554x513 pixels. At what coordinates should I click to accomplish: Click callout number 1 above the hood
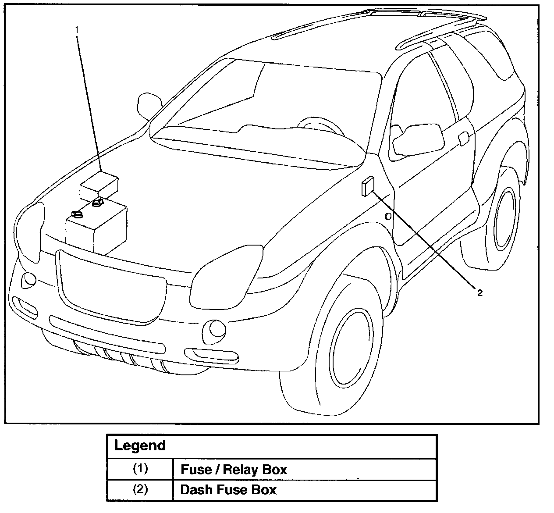tap(77, 30)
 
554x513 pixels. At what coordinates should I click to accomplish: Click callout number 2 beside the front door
tap(479, 293)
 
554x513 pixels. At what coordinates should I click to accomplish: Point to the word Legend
tap(140, 446)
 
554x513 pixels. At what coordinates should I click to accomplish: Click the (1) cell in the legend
tap(140, 469)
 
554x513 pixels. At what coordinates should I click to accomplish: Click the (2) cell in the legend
tap(140, 489)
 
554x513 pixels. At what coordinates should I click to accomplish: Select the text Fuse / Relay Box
tap(234, 470)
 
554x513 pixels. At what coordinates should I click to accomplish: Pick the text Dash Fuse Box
tap(228, 489)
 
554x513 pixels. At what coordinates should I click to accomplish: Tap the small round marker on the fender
tap(388, 216)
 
